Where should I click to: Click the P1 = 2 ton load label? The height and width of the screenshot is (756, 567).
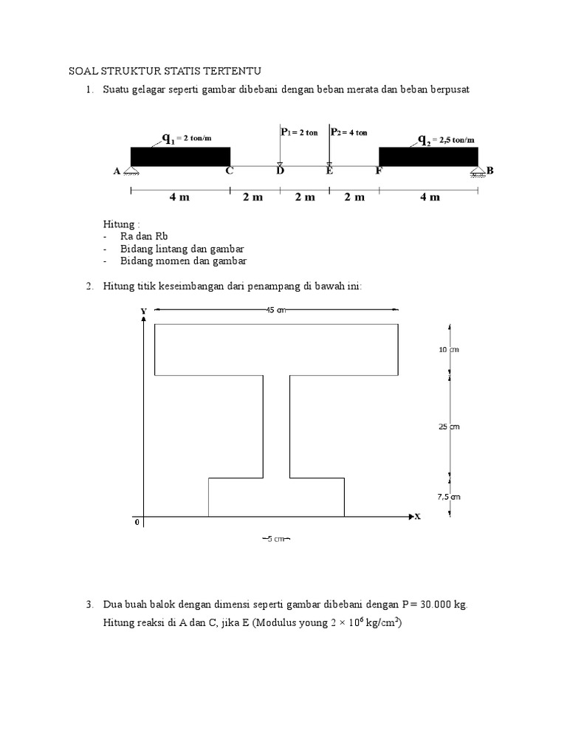299,133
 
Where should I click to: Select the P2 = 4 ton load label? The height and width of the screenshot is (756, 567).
349,133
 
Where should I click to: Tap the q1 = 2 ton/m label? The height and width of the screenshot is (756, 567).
188,138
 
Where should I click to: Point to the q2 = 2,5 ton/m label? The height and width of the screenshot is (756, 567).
446,139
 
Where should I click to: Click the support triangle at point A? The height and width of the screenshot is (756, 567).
131,173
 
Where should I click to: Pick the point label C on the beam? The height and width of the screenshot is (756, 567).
230,171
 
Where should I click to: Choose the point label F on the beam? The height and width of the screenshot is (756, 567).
379,171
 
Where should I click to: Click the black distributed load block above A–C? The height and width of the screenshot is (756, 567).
180,157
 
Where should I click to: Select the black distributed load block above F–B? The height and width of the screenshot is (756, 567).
428,157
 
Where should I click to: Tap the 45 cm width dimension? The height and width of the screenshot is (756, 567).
275,310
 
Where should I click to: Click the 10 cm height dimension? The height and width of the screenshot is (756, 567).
449,350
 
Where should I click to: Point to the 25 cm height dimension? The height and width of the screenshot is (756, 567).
449,427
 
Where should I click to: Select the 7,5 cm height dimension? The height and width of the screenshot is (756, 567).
449,497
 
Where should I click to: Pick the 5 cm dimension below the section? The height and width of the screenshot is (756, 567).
276,539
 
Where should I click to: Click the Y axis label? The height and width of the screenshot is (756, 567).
143,312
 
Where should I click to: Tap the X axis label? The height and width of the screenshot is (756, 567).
417,517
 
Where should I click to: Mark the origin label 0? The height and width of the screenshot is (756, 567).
137,523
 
